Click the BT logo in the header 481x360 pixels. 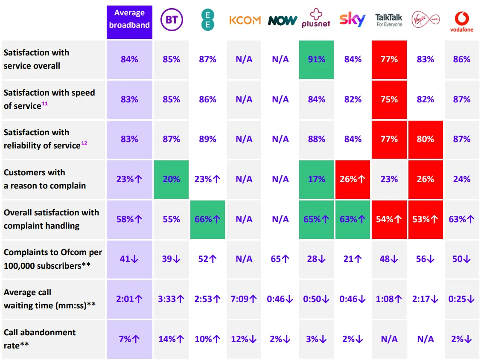171,20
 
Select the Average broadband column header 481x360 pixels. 129,19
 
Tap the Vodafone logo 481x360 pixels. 462,21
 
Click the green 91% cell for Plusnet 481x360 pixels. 317,59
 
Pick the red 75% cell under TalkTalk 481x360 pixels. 389,99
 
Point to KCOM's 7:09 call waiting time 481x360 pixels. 244,299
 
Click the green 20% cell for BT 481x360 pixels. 171,179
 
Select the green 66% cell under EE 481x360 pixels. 207,219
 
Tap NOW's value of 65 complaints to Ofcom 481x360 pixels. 280,259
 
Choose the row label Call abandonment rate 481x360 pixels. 40,339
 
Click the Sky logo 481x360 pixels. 353,20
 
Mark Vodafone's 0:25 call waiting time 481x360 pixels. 462,299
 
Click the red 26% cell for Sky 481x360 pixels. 353,179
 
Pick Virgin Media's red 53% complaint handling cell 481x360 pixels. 426,219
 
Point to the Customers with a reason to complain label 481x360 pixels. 44,179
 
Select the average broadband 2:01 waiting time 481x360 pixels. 129,299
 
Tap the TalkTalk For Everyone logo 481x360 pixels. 389,20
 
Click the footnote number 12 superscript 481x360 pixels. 84,143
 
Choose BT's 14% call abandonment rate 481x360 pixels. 171,339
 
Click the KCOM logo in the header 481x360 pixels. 245,20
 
